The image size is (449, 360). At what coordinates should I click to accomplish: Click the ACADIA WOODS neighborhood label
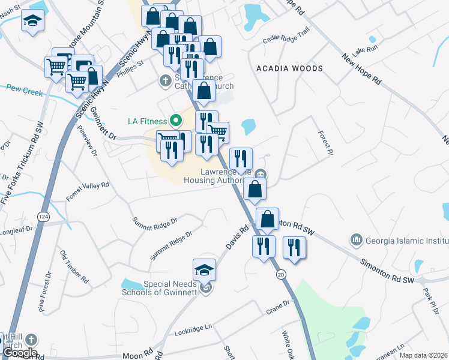(x=289, y=68)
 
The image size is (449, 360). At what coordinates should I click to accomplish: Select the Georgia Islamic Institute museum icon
(x=356, y=240)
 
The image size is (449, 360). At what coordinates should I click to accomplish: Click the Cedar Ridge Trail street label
(x=286, y=41)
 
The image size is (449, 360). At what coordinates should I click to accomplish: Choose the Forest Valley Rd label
(x=88, y=192)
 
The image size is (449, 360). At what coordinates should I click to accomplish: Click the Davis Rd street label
(x=237, y=238)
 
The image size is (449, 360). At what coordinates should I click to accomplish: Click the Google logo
(x=20, y=353)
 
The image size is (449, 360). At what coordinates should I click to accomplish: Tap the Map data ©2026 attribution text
(x=423, y=355)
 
